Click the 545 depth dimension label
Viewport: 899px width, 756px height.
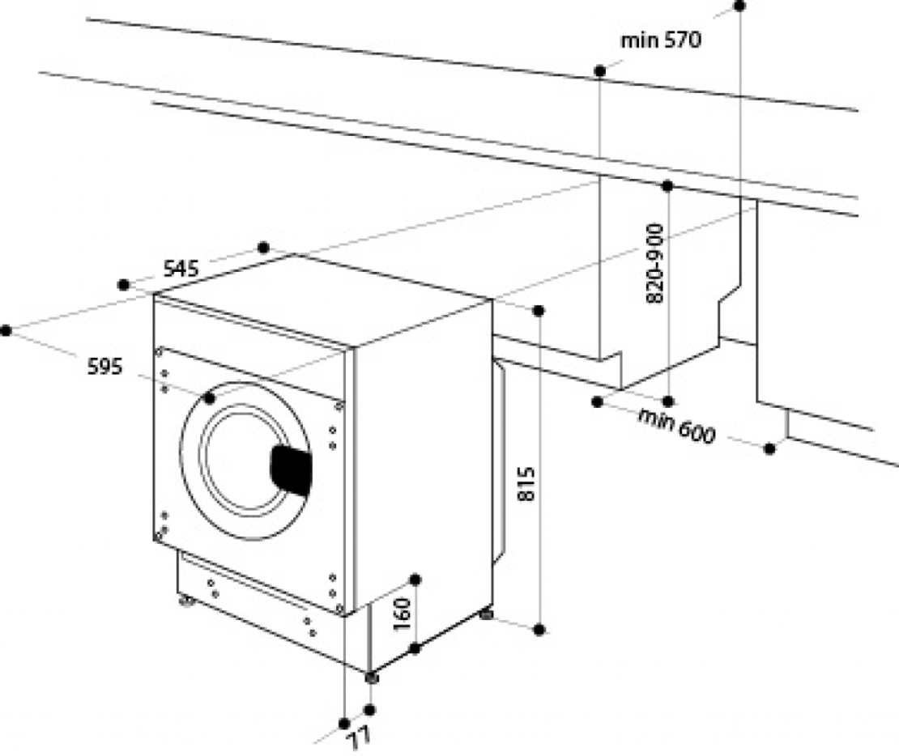181,268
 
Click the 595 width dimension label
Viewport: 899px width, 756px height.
105,367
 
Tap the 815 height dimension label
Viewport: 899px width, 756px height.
526,484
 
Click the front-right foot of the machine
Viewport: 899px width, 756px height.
372,677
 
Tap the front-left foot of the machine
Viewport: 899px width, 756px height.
186,601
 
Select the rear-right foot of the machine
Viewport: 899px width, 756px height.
487,614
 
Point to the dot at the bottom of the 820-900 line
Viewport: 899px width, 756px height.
668,401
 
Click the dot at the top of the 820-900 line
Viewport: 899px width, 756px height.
667,186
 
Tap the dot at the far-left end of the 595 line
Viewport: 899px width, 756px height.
6,329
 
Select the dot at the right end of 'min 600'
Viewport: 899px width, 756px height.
770,448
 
